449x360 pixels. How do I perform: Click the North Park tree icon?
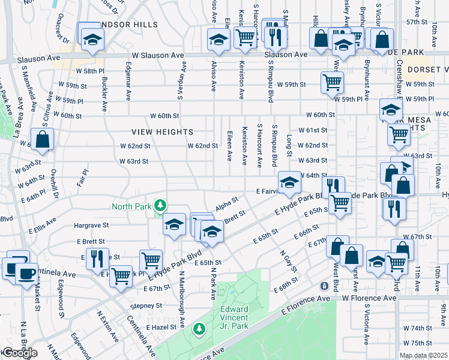coord(160,206)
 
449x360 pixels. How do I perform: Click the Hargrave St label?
coord(91,226)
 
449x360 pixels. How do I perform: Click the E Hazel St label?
coord(161,327)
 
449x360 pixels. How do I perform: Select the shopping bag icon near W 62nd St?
coord(43,140)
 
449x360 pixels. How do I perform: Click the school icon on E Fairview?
coord(289,182)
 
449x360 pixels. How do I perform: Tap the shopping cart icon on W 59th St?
coord(331,82)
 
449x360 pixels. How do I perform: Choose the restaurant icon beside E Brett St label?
coord(97,258)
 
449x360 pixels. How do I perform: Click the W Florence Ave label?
coord(370,298)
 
